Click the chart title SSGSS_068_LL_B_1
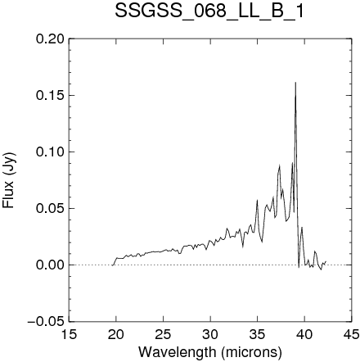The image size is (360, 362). click(209, 11)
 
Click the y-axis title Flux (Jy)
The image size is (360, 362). click(9, 181)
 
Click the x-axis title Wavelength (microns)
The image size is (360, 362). click(210, 352)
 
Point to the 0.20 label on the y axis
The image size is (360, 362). click(50, 38)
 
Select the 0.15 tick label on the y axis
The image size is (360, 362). click(50, 95)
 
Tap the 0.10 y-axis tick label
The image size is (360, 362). click(50, 152)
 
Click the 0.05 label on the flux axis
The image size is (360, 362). click(50, 208)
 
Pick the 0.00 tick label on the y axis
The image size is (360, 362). click(50, 265)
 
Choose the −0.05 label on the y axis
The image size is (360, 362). click(47, 321)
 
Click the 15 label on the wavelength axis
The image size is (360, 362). click(69, 334)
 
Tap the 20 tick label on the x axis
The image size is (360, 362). click(116, 334)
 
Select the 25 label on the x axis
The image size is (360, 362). click(163, 334)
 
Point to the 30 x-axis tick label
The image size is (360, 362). click(210, 334)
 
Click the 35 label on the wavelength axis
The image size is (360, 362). click(257, 334)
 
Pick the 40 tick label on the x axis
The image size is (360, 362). click(304, 334)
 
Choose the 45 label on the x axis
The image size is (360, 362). click(351, 334)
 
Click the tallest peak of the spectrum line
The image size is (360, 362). click(295, 82)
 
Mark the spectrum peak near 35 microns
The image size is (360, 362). click(257, 200)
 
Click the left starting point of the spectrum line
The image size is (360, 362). click(112, 265)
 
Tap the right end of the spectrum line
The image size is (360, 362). click(326, 261)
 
